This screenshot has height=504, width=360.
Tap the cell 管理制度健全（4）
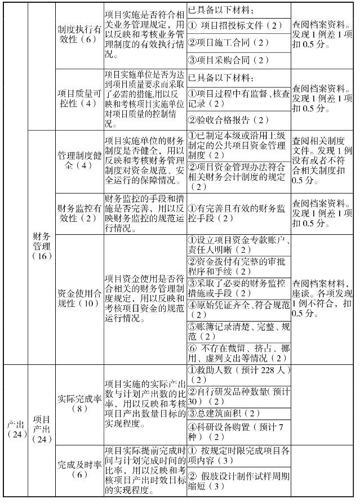point(78,160)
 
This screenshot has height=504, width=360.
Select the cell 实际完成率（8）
point(78,403)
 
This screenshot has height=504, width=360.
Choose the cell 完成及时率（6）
point(78,470)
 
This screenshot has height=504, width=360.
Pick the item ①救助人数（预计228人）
point(238,374)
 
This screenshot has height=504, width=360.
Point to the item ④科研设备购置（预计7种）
point(238,432)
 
